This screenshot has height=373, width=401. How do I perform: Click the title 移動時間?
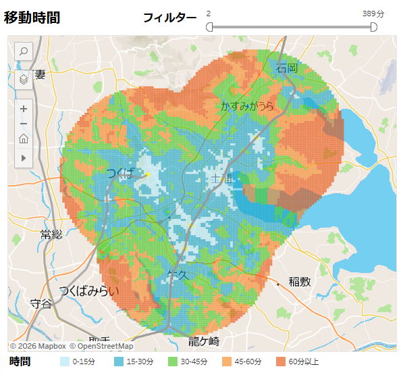(x=32, y=18)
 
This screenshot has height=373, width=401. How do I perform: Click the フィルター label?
(x=169, y=18)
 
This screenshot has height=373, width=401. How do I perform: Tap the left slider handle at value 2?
(x=209, y=27)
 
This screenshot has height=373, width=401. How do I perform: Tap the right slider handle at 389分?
(x=373, y=27)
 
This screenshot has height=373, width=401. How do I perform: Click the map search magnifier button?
(x=24, y=51)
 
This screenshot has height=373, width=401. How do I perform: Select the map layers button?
(x=24, y=79)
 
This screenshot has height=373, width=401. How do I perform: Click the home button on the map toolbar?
(x=24, y=140)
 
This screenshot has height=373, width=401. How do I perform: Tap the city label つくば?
(x=122, y=174)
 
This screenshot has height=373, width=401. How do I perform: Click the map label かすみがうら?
(x=248, y=106)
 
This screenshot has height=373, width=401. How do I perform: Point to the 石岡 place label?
(x=287, y=68)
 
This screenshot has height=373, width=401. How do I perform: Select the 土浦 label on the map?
(x=222, y=179)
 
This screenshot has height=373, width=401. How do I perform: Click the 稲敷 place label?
(x=300, y=282)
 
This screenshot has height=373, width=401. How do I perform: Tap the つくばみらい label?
(x=88, y=291)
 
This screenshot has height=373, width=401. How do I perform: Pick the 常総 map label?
(x=51, y=235)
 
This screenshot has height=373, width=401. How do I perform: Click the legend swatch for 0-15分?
(x=65, y=362)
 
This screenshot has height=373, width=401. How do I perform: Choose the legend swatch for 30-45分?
(x=172, y=362)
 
